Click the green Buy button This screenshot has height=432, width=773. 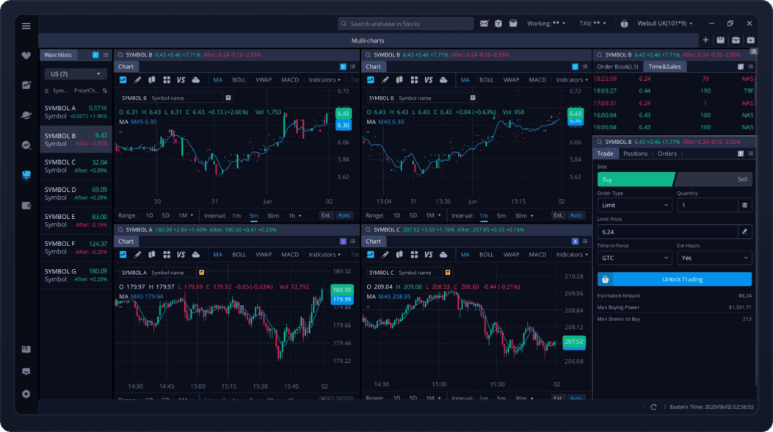(x=635, y=179)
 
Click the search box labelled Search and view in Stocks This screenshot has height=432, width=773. (x=406, y=24)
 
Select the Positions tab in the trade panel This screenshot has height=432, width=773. (x=635, y=154)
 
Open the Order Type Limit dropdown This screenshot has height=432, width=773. (x=634, y=205)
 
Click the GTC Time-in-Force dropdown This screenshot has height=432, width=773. (x=634, y=258)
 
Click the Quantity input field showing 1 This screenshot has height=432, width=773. (x=706, y=205)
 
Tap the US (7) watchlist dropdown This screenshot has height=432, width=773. (x=76, y=74)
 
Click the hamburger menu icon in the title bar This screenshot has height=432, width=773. (x=26, y=26)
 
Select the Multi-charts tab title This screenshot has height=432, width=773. (x=368, y=40)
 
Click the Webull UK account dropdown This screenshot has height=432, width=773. (x=664, y=24)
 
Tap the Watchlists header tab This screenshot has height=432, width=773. (x=59, y=55)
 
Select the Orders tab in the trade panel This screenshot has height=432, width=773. (x=667, y=154)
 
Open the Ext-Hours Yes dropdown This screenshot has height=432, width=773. (x=714, y=258)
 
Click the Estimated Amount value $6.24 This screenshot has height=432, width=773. (x=744, y=295)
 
